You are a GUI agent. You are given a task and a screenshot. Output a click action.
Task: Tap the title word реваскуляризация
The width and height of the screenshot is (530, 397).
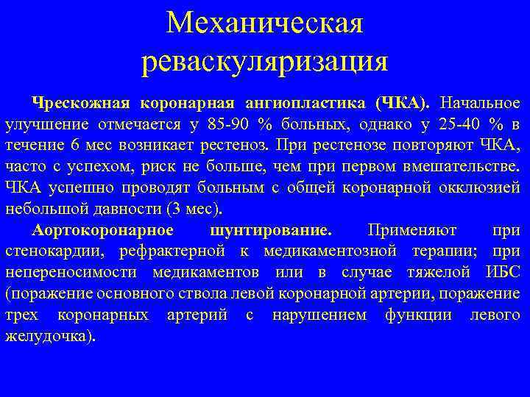[264, 62]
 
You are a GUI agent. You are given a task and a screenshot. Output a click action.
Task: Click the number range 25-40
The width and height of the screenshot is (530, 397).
[462, 122]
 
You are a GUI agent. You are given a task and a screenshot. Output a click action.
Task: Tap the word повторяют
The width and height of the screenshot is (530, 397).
[419, 143]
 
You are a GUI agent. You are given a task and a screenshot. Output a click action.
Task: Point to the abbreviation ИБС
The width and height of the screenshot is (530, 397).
[504, 273]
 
